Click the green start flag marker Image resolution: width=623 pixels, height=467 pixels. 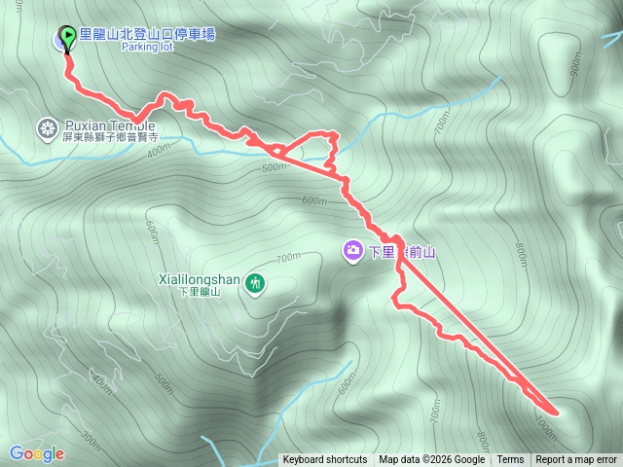tap(67, 38)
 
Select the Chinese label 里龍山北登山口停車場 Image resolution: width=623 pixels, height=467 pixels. tap(146, 34)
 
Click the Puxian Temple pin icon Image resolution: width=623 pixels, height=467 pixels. tap(47, 127)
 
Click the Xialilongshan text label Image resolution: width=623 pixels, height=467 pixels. tap(200, 278)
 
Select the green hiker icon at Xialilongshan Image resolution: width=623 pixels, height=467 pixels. tap(255, 283)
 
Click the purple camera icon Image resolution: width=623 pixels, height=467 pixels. tap(352, 251)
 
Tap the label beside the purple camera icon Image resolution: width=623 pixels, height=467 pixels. tap(401, 252)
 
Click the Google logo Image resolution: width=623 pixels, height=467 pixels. tap(37, 453)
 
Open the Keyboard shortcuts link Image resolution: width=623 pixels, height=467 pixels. tap(325, 460)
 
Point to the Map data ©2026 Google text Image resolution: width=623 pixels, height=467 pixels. tap(431, 460)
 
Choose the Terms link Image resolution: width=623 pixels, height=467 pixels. tap(510, 460)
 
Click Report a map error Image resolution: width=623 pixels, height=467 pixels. tap(576, 460)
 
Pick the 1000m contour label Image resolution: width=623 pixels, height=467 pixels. tap(546, 420)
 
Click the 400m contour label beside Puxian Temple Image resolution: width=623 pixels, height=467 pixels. tap(159, 150)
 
